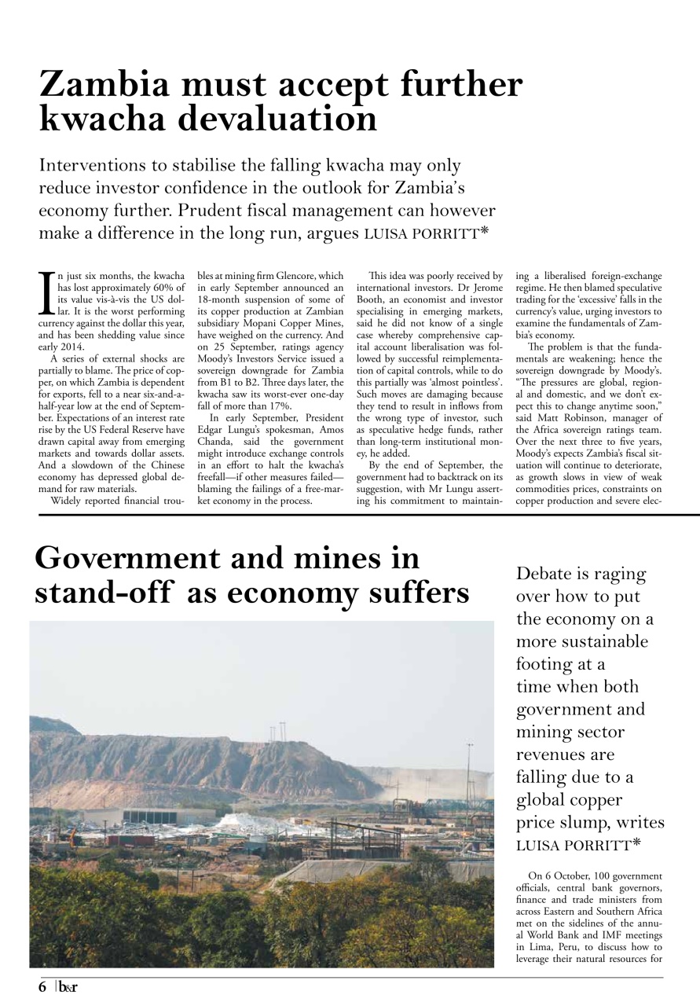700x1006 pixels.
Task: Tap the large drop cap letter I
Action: click(x=47, y=291)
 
